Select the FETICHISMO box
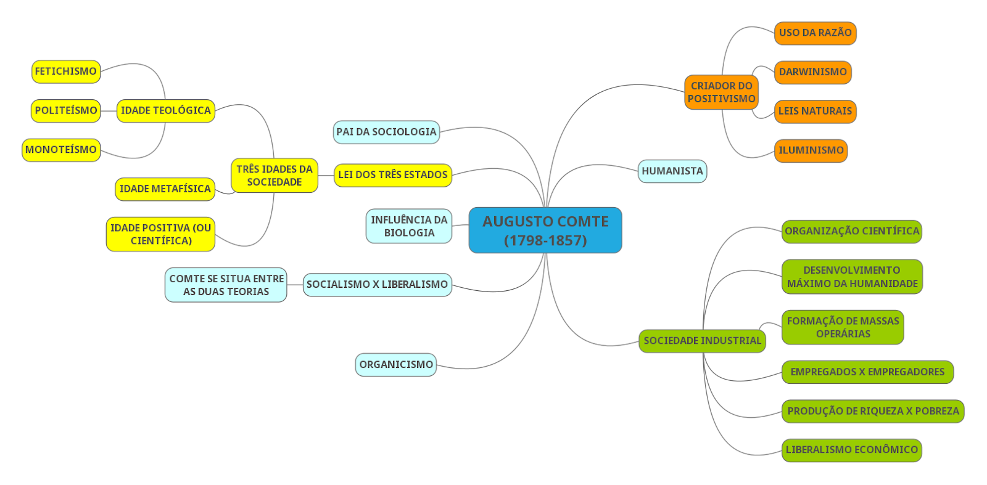coord(66,71)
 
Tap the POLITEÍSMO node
coord(66,111)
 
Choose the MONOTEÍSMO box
coord(61,150)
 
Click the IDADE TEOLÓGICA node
coord(165,111)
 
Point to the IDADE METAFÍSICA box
coord(165,189)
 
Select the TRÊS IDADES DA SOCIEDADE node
coord(275,176)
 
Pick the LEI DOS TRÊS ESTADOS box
coord(393,175)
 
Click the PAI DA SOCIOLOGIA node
coord(386,132)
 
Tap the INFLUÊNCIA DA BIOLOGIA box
coord(409,226)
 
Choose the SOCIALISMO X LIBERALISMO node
coord(377,285)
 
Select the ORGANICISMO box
coord(396,365)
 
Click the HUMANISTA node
coord(672,171)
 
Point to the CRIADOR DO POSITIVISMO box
coord(721,92)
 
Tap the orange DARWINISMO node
coord(812,72)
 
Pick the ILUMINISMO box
coord(811,150)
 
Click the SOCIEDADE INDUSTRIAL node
coord(702,341)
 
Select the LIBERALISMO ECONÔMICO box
coord(851,450)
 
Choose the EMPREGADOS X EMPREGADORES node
coord(867,372)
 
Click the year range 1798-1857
coord(545,240)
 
